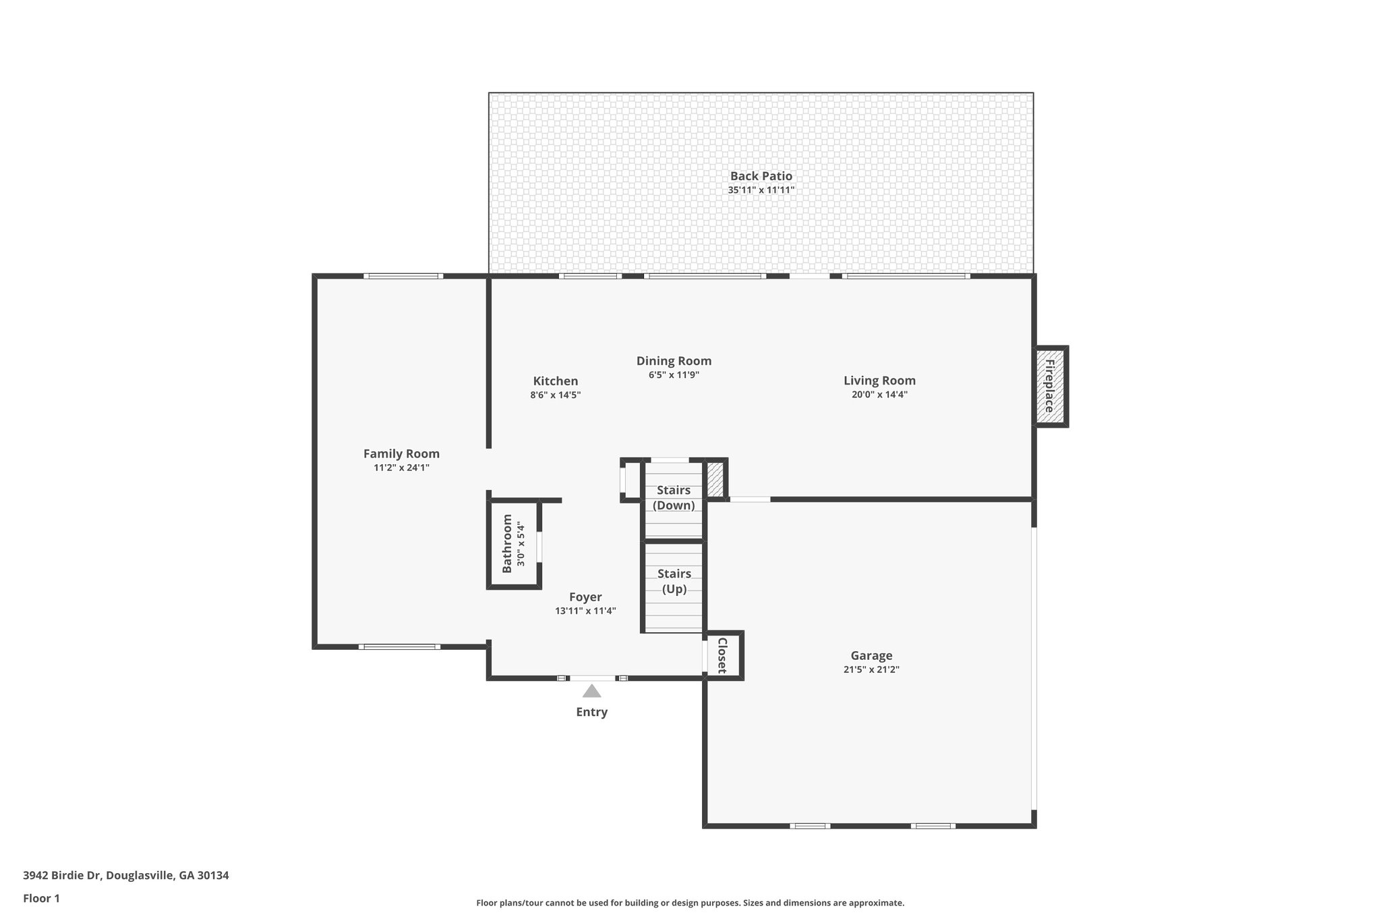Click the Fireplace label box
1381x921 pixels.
coord(1051,387)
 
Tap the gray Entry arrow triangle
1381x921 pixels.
coord(591,691)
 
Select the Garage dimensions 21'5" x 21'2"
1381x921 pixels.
coord(871,670)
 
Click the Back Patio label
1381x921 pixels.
coord(761,176)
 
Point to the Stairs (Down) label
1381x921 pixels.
coord(674,498)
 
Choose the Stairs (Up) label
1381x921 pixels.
coord(674,581)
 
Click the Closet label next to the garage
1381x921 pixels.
coord(722,655)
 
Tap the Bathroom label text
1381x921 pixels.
coord(507,544)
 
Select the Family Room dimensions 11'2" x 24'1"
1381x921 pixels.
coord(401,468)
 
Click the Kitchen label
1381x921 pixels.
coord(555,381)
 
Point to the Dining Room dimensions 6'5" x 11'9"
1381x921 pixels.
coord(674,375)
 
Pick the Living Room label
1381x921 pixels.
coord(879,381)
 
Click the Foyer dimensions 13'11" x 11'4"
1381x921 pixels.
coord(585,611)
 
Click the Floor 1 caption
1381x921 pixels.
coord(41,899)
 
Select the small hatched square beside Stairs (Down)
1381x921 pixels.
coord(715,479)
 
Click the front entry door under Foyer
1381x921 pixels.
coord(592,677)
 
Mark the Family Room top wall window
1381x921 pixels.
coord(403,276)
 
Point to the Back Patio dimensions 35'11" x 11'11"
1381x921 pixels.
coord(761,190)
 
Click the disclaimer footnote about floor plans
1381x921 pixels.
coord(690,903)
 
